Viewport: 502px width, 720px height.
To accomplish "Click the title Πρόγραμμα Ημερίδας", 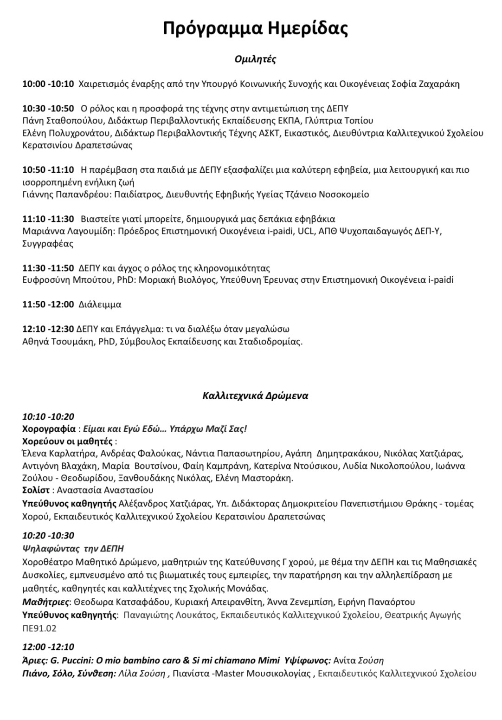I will point(255,28).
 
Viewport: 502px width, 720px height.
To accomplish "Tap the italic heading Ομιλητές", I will point(255,59).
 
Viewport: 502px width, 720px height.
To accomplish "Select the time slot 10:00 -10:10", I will point(48,84).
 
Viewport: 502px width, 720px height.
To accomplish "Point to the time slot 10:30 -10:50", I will point(48,109).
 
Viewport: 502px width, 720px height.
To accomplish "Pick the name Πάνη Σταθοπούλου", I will point(63,121).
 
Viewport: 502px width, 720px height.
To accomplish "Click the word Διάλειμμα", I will point(100,305).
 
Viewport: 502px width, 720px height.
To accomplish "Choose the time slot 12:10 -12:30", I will point(48,329).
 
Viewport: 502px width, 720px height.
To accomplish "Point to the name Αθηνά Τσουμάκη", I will point(56,342).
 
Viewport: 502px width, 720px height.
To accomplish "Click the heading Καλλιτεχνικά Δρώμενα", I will point(255,396).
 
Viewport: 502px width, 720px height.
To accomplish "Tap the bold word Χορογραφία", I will point(49,428).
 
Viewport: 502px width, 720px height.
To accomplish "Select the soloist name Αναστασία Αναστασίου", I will point(105,490).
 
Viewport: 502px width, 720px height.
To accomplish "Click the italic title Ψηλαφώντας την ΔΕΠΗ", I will point(73,548).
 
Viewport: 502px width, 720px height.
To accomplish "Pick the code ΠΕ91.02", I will point(39,628).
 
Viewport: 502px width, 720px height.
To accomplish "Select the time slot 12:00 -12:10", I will point(48,647).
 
